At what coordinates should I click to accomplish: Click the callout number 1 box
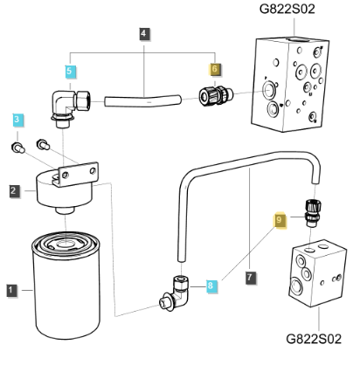[10, 289]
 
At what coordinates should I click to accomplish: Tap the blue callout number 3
[17, 119]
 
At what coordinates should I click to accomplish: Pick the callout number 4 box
[143, 33]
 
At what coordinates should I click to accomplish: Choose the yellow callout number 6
[215, 70]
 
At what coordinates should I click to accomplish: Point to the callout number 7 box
[252, 278]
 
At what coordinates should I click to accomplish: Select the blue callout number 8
[211, 284]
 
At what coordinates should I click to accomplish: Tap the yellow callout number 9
[280, 223]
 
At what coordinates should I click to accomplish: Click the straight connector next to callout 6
[214, 94]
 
